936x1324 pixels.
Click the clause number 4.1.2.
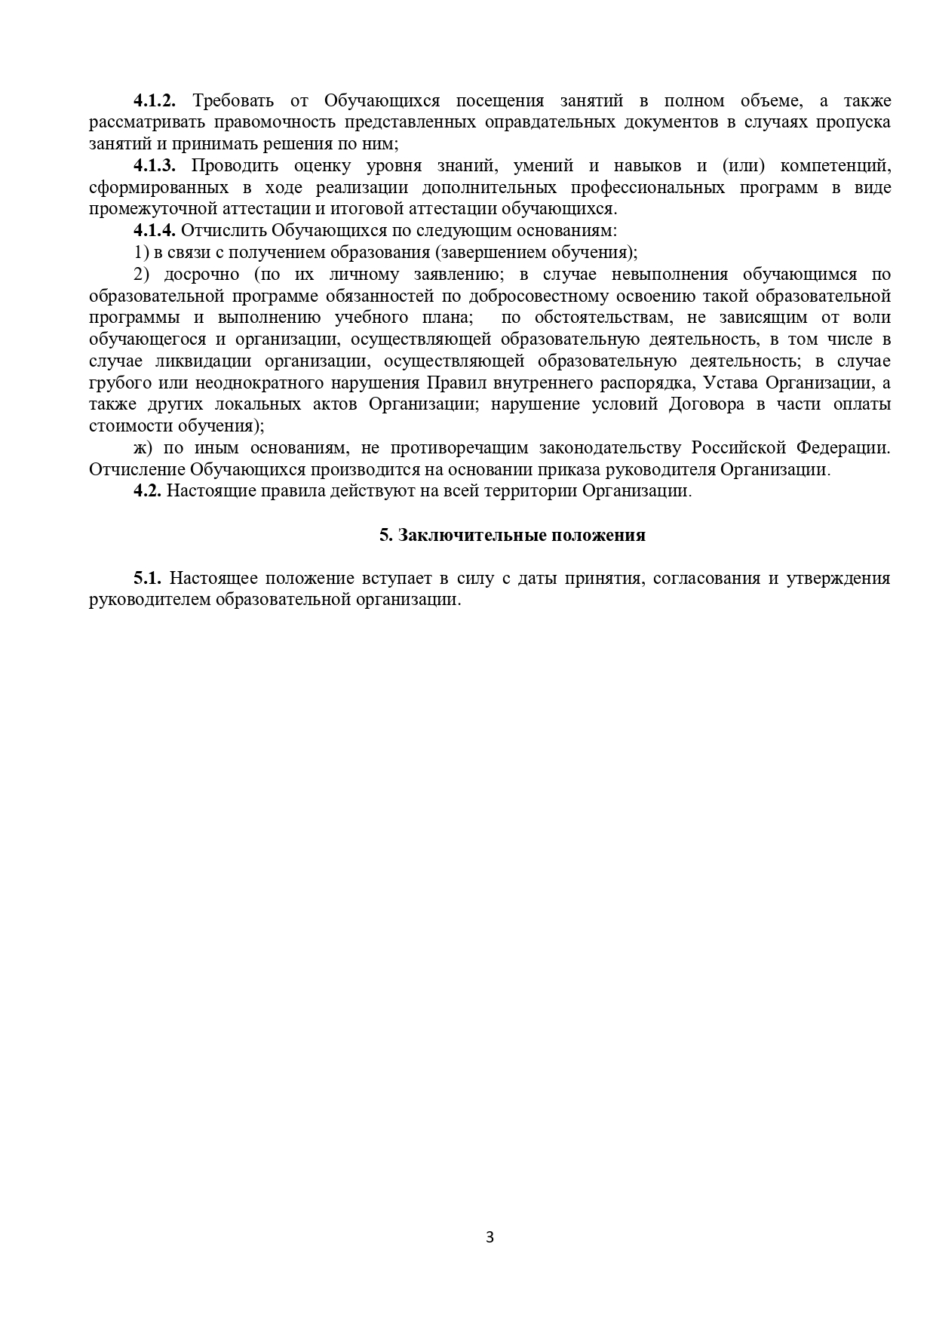[x=155, y=101]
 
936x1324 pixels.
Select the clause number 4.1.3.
[x=155, y=166]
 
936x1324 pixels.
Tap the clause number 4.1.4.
[x=155, y=231]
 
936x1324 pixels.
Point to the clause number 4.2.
[x=147, y=491]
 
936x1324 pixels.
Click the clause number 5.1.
[x=148, y=579]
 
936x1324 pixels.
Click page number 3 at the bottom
[x=489, y=1237]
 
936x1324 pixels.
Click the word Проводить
[x=235, y=166]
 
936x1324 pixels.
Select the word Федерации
[x=843, y=448]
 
